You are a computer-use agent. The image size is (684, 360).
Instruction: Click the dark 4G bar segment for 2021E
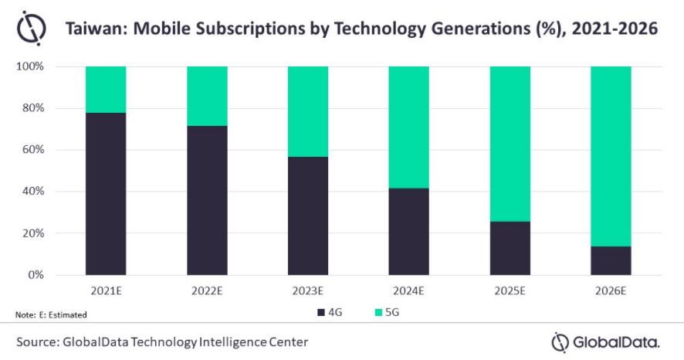point(106,194)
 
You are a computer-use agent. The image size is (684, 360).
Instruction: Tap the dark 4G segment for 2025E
point(510,248)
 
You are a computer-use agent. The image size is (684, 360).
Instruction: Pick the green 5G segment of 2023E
point(308,111)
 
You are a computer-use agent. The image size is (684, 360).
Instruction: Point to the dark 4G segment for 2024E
point(408,231)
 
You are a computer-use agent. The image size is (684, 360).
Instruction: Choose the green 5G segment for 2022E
point(207,96)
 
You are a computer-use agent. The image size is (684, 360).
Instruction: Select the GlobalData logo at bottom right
point(606,341)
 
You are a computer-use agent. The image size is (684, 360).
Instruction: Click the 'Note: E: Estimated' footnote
point(51,314)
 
